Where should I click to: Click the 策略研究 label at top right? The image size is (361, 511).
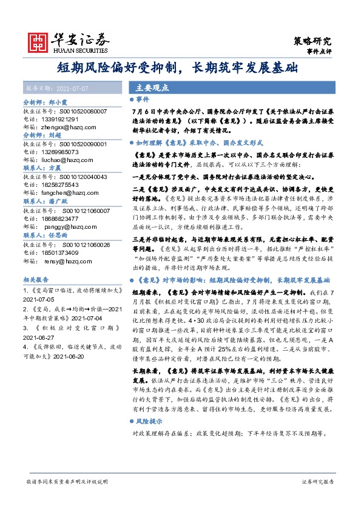click(x=313, y=41)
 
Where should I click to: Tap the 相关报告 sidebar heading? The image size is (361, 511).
click(x=37, y=280)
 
